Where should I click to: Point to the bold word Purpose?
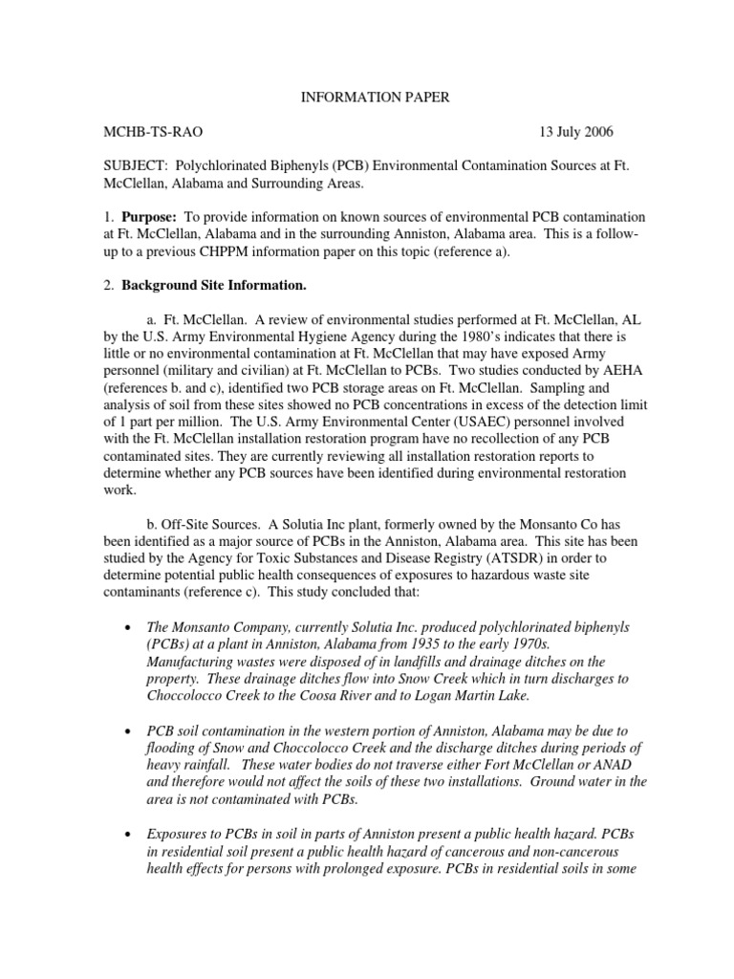151,219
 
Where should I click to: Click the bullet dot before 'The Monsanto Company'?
127,627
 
